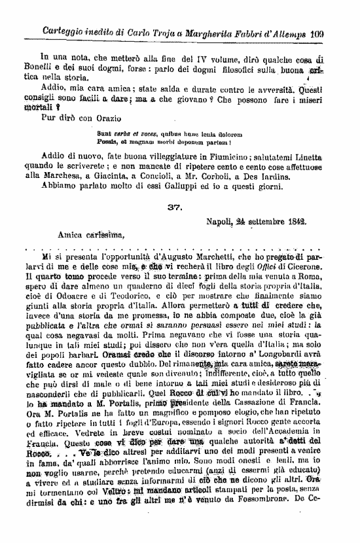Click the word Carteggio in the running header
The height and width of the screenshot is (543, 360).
pos(64,31)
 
